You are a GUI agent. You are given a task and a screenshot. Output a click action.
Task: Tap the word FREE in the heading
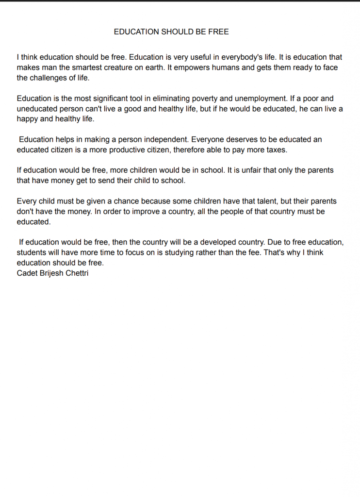pyautogui.click(x=218, y=32)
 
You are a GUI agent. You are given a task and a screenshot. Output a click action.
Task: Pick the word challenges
pyautogui.click(x=51, y=78)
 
